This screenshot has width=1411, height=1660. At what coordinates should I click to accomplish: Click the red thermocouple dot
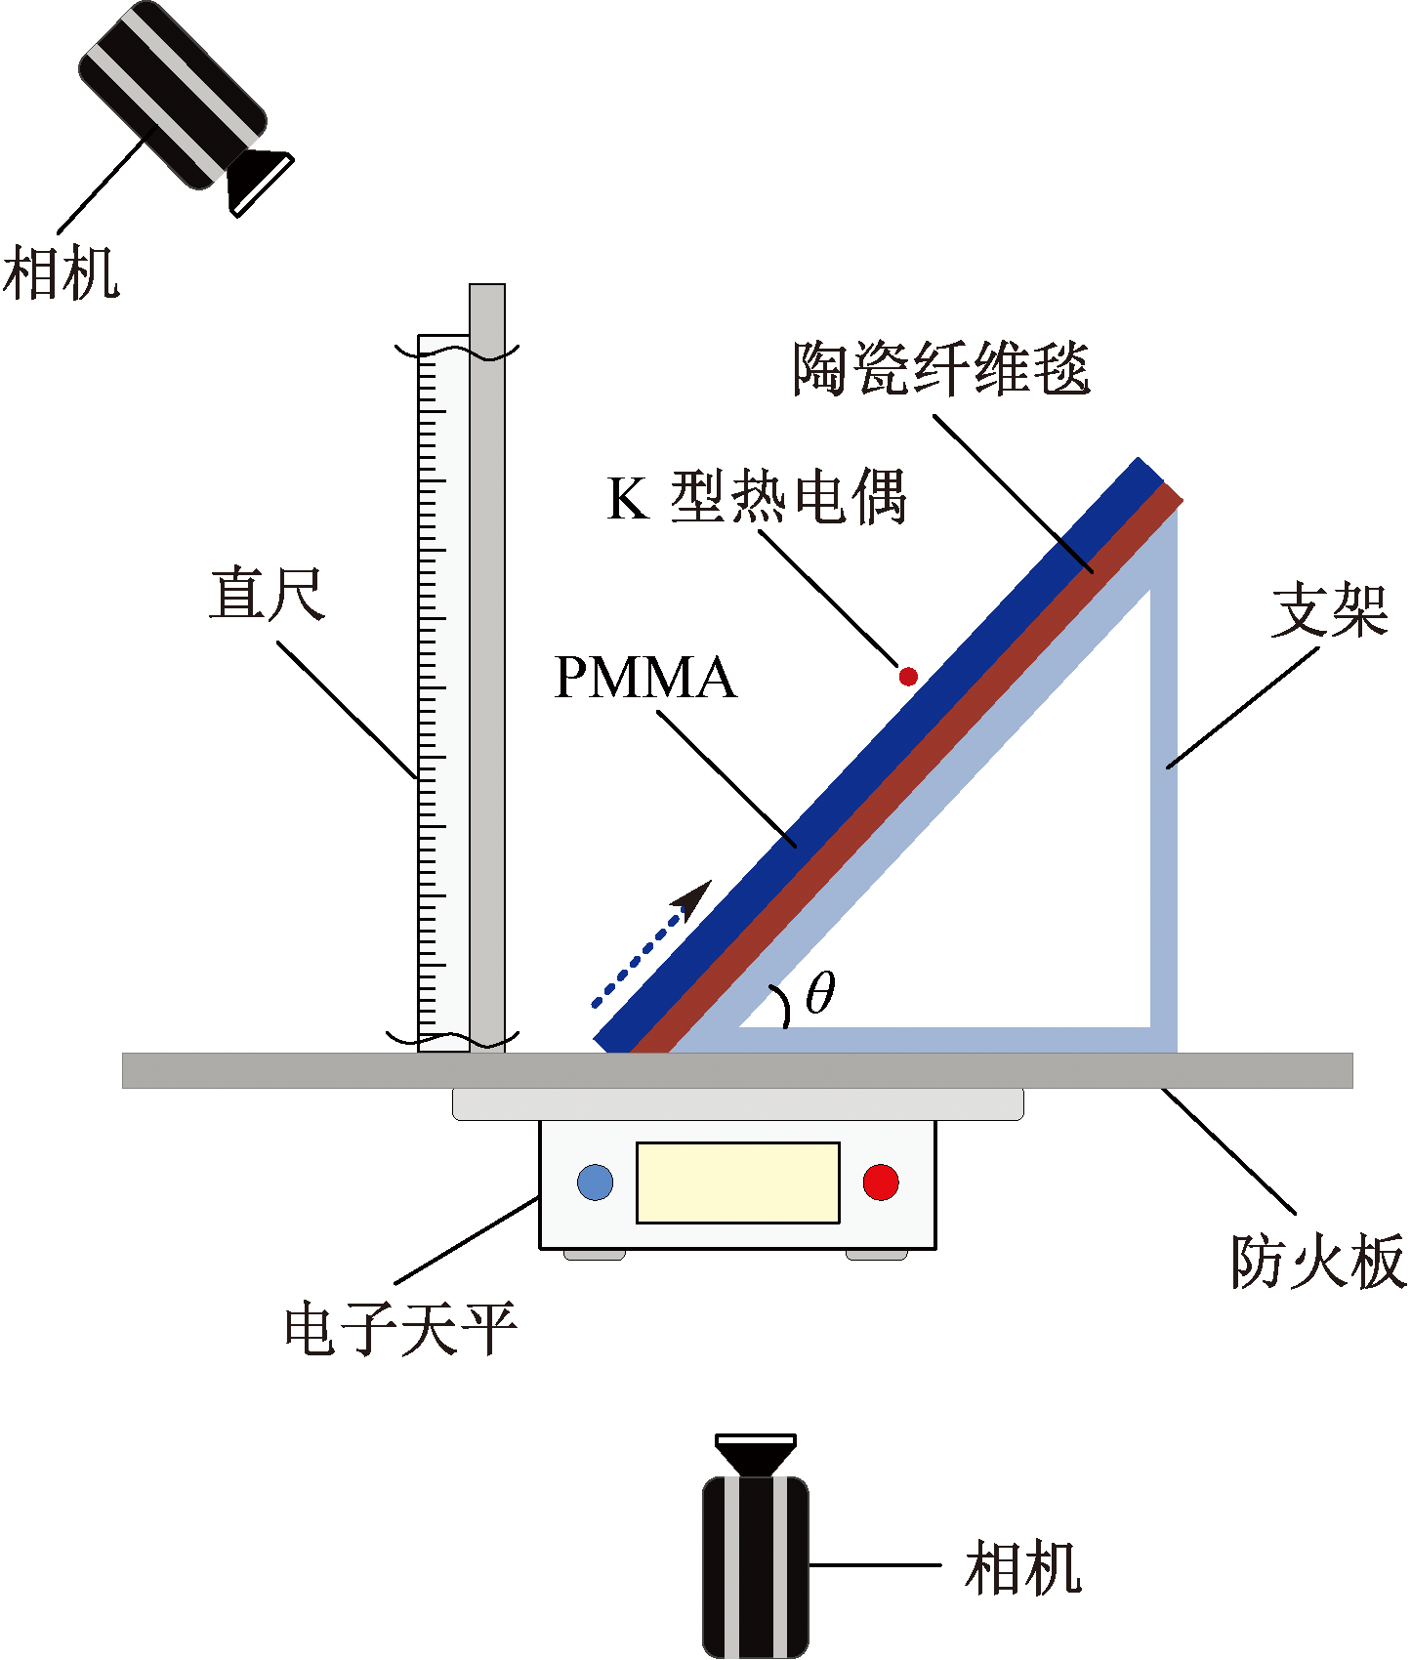(908, 676)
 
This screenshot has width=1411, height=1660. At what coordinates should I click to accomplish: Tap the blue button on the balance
(596, 1183)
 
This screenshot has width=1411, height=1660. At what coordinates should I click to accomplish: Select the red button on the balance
(881, 1183)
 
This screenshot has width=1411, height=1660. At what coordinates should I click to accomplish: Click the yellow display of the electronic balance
(738, 1183)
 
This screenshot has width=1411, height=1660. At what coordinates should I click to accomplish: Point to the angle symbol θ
(820, 994)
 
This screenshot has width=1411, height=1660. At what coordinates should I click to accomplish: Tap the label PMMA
(644, 677)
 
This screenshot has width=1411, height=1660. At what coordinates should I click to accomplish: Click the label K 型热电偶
(757, 497)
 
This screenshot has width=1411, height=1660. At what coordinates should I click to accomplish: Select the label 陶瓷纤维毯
(941, 368)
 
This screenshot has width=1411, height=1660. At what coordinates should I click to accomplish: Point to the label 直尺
(267, 594)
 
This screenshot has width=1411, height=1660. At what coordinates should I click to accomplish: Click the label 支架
(1330, 610)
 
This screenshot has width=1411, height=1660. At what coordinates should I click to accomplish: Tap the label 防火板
(1318, 1262)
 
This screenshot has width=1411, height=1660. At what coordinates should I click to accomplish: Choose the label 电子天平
(400, 1329)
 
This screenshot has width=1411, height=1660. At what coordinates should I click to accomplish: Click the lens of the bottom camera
(756, 1454)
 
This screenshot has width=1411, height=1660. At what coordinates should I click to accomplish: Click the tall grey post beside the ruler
(487, 668)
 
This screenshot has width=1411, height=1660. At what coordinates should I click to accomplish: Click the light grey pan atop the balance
(738, 1104)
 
